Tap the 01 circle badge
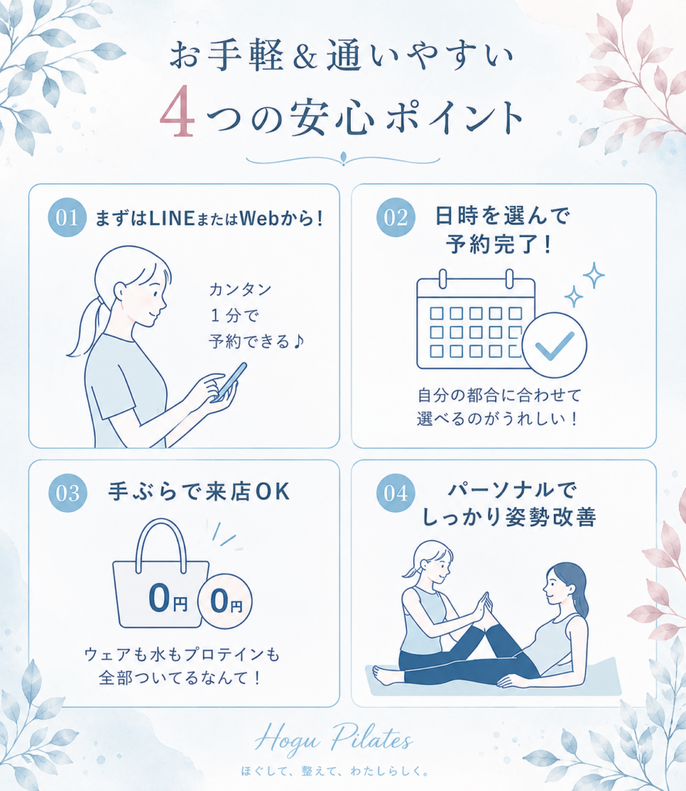coord(67,217)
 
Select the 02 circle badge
coord(396,217)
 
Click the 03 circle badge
coord(67,493)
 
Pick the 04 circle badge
coord(396,493)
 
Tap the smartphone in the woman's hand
coord(230,382)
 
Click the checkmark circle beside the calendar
coord(555,345)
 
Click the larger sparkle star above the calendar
coord(594,276)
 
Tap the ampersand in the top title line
coord(304,56)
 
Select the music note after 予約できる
coord(299,341)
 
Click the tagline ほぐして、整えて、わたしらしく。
coord(335,772)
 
